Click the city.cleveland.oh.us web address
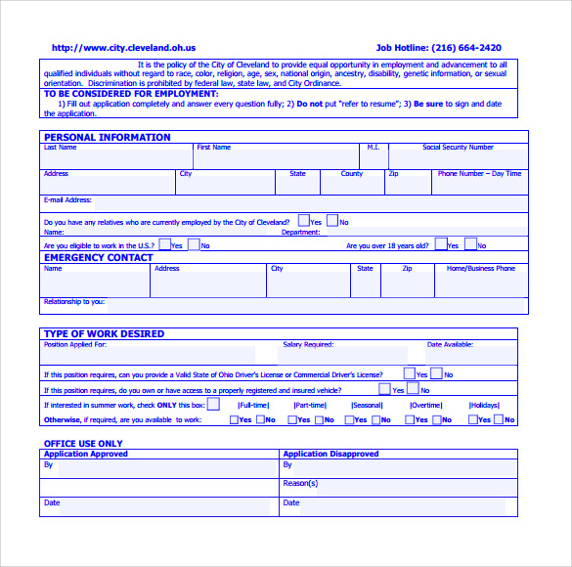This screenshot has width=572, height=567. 123,47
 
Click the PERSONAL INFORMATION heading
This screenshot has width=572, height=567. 108,138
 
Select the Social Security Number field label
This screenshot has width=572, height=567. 458,148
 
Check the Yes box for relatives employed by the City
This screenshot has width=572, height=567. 304,221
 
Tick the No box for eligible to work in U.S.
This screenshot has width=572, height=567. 194,244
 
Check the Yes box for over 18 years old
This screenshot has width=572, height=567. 441,244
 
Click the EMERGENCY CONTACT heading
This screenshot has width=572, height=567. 99,258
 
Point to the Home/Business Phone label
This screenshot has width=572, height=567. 481,268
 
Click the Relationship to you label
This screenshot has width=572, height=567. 74,301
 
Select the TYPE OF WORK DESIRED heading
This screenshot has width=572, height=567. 104,333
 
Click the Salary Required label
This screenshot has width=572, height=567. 308,344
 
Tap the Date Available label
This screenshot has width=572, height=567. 450,344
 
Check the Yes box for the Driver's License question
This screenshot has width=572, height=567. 409,373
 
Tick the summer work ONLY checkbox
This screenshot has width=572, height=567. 213,404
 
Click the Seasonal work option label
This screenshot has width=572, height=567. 367,405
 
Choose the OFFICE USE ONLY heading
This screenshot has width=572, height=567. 84,444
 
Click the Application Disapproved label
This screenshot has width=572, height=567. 330,454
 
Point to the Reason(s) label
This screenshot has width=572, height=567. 300,483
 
